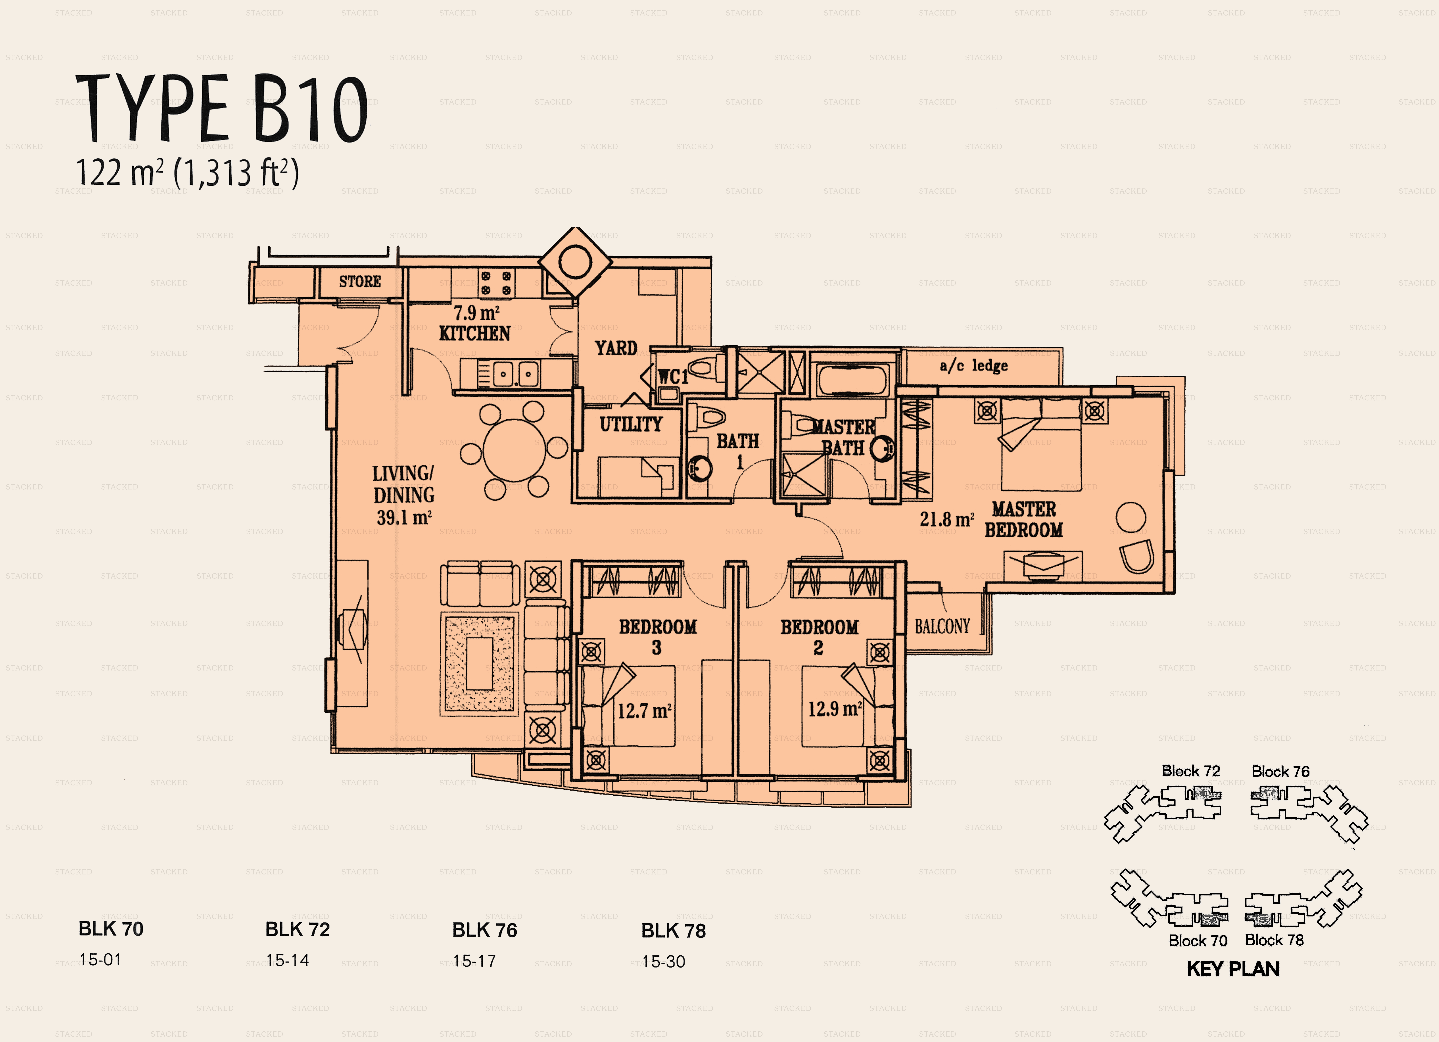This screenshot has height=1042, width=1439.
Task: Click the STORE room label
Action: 360,281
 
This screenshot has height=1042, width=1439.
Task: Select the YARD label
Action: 615,348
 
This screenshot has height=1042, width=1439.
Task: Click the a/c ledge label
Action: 974,366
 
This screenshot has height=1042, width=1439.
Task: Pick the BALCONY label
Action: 942,626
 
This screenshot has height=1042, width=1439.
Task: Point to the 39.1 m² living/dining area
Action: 404,517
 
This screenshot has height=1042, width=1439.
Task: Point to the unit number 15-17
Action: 474,961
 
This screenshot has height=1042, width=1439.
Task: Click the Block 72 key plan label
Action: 1191,771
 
